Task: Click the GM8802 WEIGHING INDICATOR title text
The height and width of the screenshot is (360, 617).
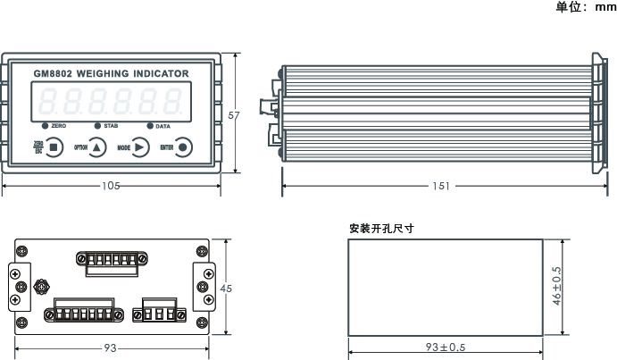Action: tap(111, 72)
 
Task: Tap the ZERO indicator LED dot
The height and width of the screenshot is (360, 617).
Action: tap(44, 126)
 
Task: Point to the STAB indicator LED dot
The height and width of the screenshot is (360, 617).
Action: tap(98, 126)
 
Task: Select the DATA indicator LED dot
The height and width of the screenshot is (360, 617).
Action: tap(149, 126)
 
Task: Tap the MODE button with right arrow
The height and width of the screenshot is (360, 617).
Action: tap(141, 147)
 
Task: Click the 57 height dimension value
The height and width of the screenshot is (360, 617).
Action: tap(235, 116)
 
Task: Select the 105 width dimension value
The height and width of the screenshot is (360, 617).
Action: tap(111, 186)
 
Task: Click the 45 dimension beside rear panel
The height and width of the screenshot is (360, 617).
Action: tap(226, 289)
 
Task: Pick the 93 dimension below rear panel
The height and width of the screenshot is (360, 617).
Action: tap(111, 347)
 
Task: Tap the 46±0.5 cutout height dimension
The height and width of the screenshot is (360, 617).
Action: tap(557, 286)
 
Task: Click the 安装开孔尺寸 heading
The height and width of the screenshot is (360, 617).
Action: tap(381, 229)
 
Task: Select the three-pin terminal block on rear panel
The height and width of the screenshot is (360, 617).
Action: tap(159, 314)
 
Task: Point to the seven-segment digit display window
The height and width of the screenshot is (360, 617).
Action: tap(111, 101)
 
